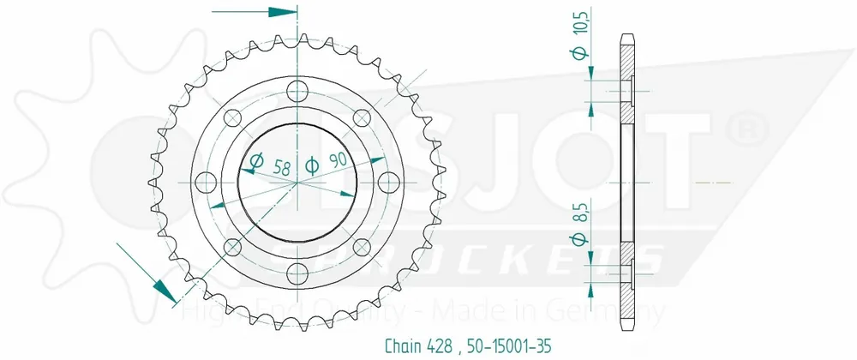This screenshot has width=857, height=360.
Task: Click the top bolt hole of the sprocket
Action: [x=297, y=89]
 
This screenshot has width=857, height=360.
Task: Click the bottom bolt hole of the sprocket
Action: [x=297, y=273]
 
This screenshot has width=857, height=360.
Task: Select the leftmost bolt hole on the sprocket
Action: [x=206, y=182]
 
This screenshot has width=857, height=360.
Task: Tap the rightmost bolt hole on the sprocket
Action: [x=390, y=182]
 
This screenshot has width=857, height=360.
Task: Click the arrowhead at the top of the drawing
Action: [x=282, y=13]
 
